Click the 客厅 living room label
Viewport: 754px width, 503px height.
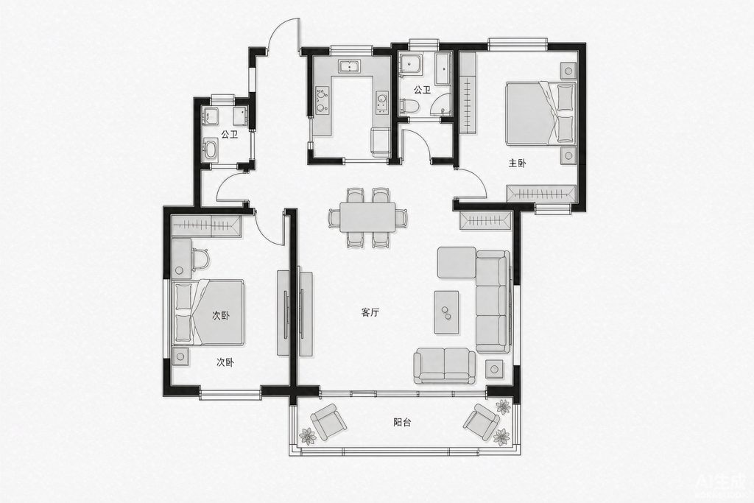coord(370,313)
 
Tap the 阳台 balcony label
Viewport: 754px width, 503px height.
coord(402,423)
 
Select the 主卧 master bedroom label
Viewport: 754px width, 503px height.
coord(518,163)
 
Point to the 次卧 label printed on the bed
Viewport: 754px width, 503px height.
coord(221,316)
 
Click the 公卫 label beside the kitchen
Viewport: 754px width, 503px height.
coord(422,90)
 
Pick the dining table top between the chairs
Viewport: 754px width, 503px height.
coord(367,217)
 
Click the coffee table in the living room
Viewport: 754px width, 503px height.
coord(446,312)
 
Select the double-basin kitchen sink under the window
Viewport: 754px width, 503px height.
coord(350,66)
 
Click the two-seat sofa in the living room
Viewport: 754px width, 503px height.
coord(445,366)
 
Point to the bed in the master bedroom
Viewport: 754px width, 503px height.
coord(540,113)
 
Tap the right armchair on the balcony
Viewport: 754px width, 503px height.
coord(482,422)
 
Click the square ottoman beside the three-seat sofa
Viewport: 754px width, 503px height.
coord(457,263)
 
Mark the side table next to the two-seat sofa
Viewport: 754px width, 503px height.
coord(495,369)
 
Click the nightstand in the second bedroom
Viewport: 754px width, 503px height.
coord(181,356)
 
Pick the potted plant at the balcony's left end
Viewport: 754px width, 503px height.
coord(307,436)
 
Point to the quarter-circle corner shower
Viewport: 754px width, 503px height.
coord(441,105)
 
